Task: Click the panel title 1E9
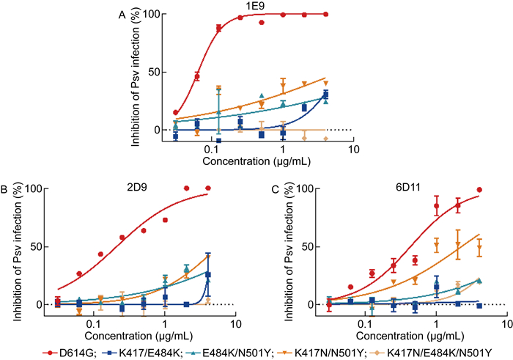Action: [x=256, y=7]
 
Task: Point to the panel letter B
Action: [x=6, y=189]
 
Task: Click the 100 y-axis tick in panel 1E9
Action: [x=152, y=15]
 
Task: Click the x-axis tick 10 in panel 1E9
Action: [x=353, y=150]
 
